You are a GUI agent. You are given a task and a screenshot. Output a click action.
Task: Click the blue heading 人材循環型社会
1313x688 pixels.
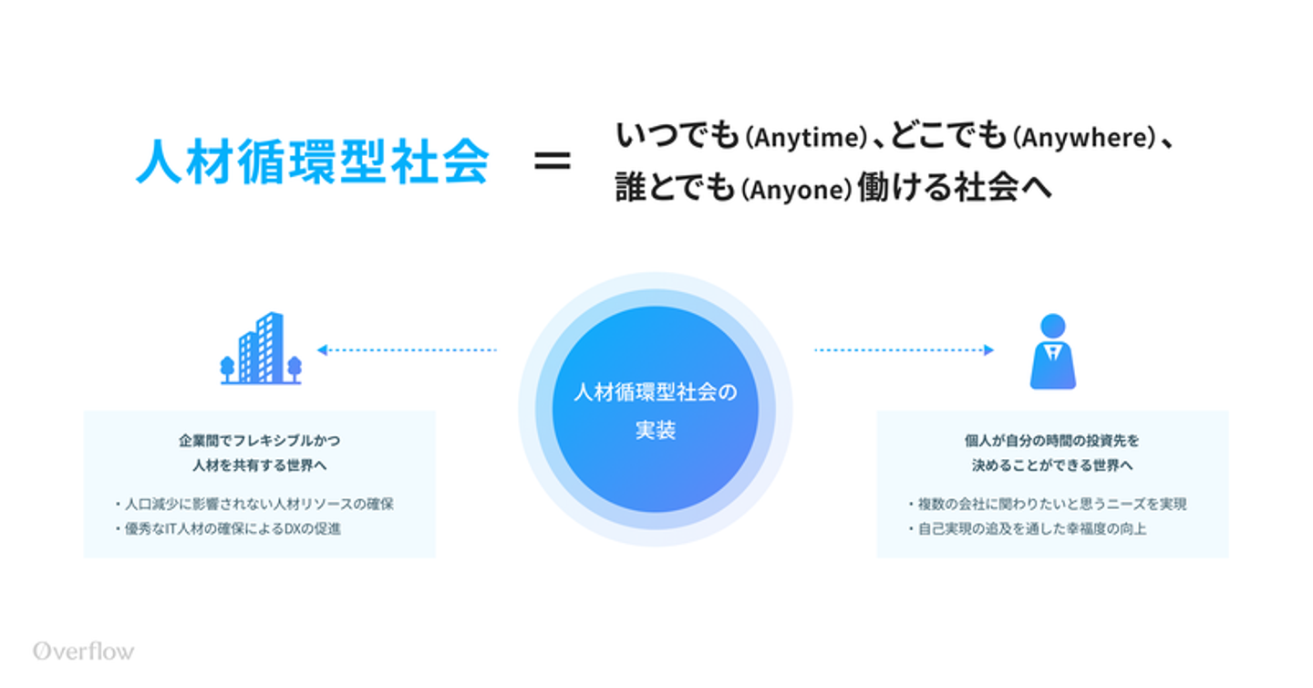click(x=312, y=162)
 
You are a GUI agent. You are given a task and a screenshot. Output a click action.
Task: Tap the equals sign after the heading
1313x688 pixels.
click(x=552, y=162)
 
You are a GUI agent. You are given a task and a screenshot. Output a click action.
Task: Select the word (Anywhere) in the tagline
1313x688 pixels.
click(x=1085, y=138)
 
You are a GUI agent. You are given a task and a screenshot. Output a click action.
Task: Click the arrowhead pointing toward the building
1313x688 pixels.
click(x=322, y=349)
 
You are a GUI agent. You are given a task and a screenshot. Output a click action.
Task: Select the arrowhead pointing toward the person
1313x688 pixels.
click(x=989, y=349)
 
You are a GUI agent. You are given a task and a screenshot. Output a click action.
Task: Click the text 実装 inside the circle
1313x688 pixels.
click(x=655, y=431)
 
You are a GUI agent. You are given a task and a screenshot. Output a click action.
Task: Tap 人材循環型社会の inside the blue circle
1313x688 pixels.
click(x=655, y=392)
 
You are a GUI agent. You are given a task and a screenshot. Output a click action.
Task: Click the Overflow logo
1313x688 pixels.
click(x=83, y=651)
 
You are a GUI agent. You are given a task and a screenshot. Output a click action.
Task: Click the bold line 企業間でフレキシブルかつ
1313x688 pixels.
click(x=259, y=441)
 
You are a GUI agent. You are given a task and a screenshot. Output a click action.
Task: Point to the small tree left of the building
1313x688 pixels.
click(x=227, y=367)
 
